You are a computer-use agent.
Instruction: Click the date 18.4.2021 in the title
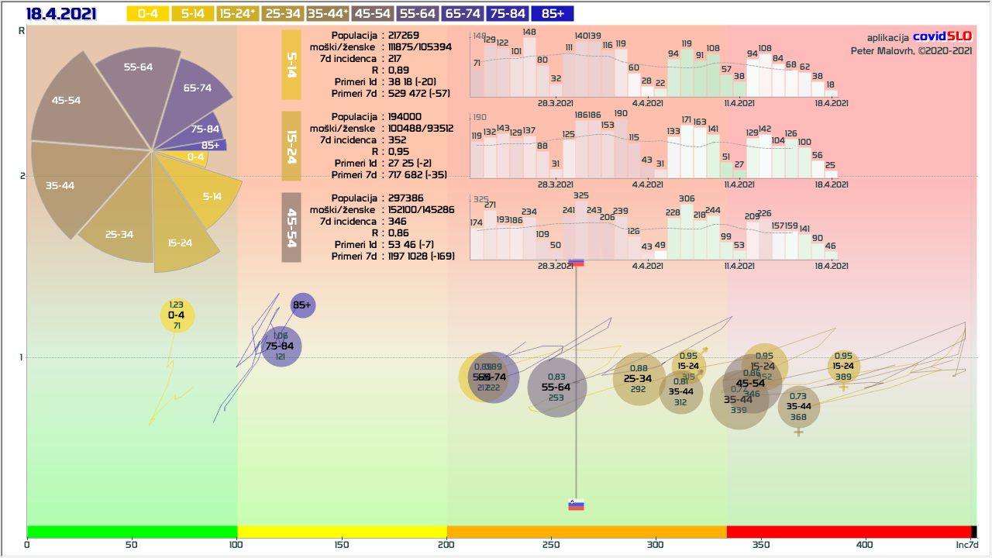point(61,13)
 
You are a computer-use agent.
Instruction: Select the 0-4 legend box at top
point(147,13)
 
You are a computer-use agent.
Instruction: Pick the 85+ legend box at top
point(553,13)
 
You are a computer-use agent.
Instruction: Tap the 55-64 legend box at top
point(418,13)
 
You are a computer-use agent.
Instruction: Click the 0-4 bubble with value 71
point(177,315)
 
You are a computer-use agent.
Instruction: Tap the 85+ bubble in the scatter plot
point(302,305)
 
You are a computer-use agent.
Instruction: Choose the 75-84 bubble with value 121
point(280,346)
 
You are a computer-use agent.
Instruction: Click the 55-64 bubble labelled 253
point(556,387)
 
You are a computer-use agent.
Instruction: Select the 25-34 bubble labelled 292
point(639,379)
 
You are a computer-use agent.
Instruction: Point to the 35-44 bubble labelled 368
point(799,407)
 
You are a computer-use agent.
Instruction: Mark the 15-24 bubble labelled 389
point(843,367)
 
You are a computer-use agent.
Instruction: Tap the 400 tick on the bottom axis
point(865,545)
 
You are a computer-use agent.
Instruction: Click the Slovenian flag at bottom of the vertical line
point(576,505)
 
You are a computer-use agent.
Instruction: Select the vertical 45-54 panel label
point(291,229)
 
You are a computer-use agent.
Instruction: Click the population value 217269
point(405,36)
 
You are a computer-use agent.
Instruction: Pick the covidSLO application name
point(942,36)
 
